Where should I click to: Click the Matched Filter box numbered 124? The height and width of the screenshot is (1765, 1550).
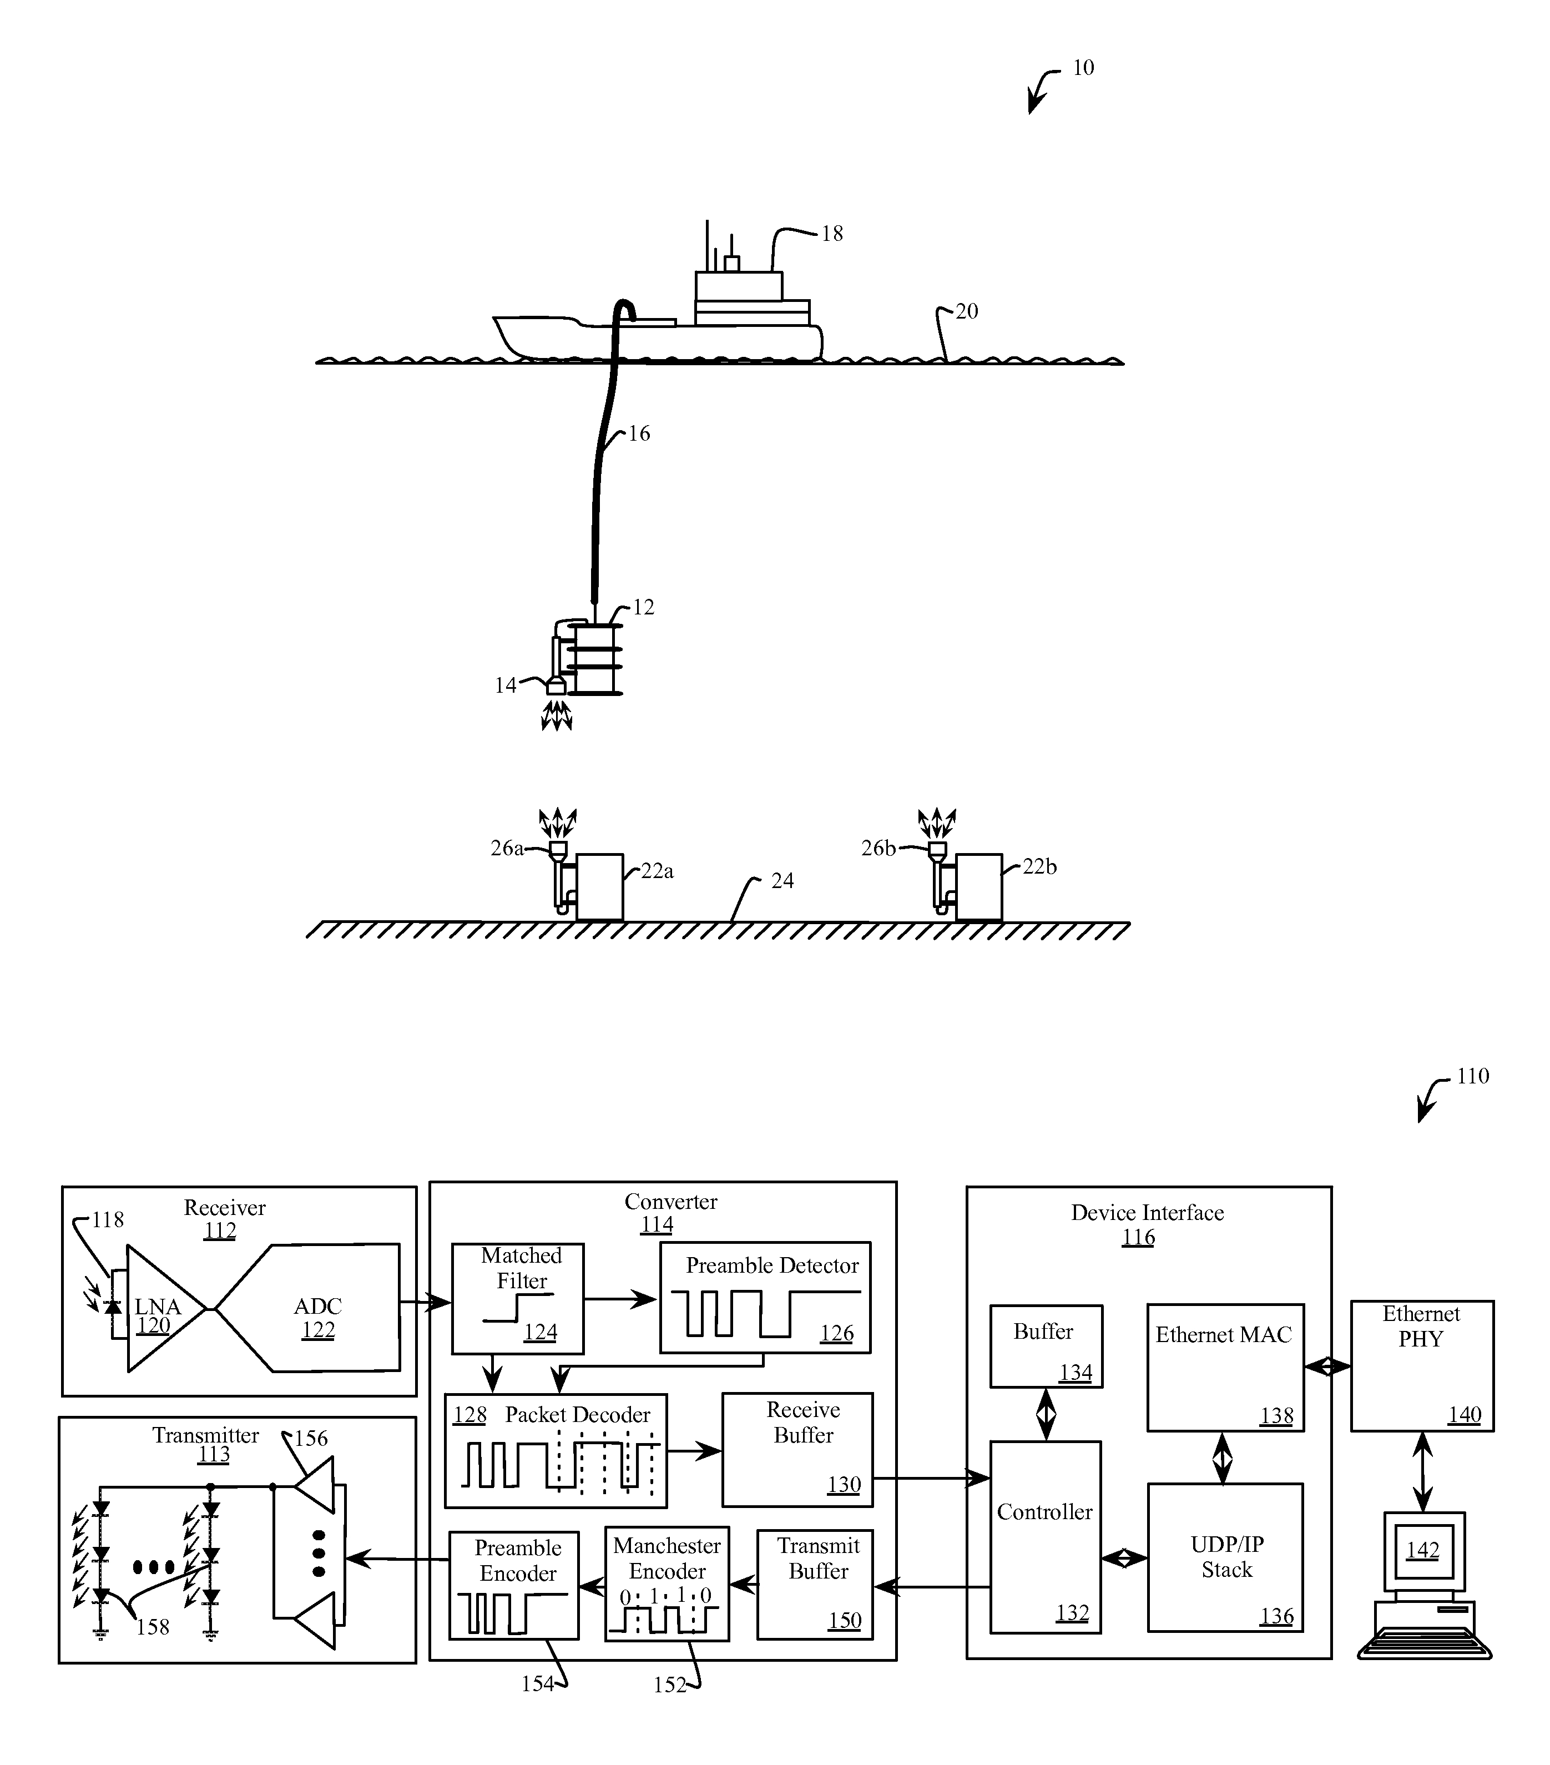pyautogui.click(x=518, y=1298)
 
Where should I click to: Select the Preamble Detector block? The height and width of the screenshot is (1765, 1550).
pyautogui.click(x=765, y=1297)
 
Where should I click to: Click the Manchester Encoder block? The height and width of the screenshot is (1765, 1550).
pyautogui.click(x=667, y=1584)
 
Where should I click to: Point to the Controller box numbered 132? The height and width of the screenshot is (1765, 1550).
pyautogui.click(x=1045, y=1536)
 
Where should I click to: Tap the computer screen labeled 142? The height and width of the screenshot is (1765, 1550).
pyautogui.click(x=1423, y=1550)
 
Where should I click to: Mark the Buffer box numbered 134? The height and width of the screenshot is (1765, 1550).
pyautogui.click(x=1046, y=1346)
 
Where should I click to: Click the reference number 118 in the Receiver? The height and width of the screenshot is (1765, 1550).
pyautogui.click(x=108, y=1219)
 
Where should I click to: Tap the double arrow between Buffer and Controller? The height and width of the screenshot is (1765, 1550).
pyautogui.click(x=1046, y=1414)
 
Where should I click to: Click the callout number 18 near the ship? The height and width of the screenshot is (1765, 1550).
pyautogui.click(x=831, y=233)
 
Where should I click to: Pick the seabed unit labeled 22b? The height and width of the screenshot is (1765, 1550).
pyautogui.click(x=979, y=887)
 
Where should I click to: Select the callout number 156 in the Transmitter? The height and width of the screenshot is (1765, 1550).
pyautogui.click(x=311, y=1438)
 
